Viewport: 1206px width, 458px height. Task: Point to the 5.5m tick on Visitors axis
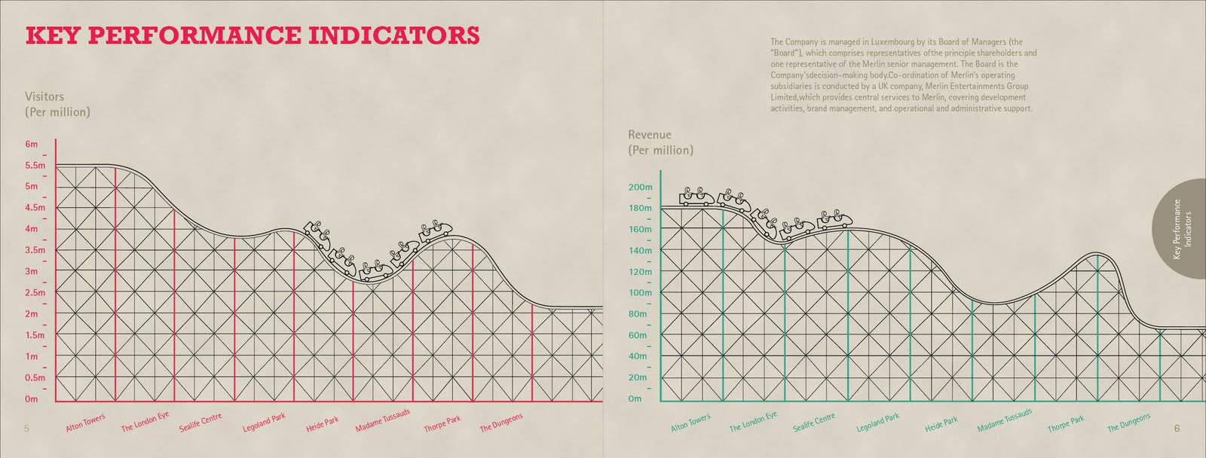pos(35,165)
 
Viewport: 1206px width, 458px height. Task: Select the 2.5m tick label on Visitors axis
pos(35,292)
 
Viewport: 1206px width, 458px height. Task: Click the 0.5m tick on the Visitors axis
pos(35,377)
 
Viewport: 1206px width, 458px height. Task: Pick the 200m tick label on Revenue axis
pos(640,187)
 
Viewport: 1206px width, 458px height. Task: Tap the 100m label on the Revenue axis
pos(640,292)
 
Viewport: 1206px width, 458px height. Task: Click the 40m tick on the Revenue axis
pos(638,356)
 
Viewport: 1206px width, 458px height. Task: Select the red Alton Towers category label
pos(85,423)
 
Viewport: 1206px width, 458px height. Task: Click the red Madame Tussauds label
pos(383,420)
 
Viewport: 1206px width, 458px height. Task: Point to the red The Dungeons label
pos(501,423)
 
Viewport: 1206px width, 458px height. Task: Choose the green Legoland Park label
pos(877,423)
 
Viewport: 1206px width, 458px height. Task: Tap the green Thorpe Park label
pos(1066,424)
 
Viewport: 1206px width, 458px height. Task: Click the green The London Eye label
pos(752,422)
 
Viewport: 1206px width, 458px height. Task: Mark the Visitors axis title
pos(57,104)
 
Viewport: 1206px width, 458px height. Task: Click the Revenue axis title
pos(660,142)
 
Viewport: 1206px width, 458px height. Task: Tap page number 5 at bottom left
pos(26,429)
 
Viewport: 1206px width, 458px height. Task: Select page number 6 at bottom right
pos(1177,429)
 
